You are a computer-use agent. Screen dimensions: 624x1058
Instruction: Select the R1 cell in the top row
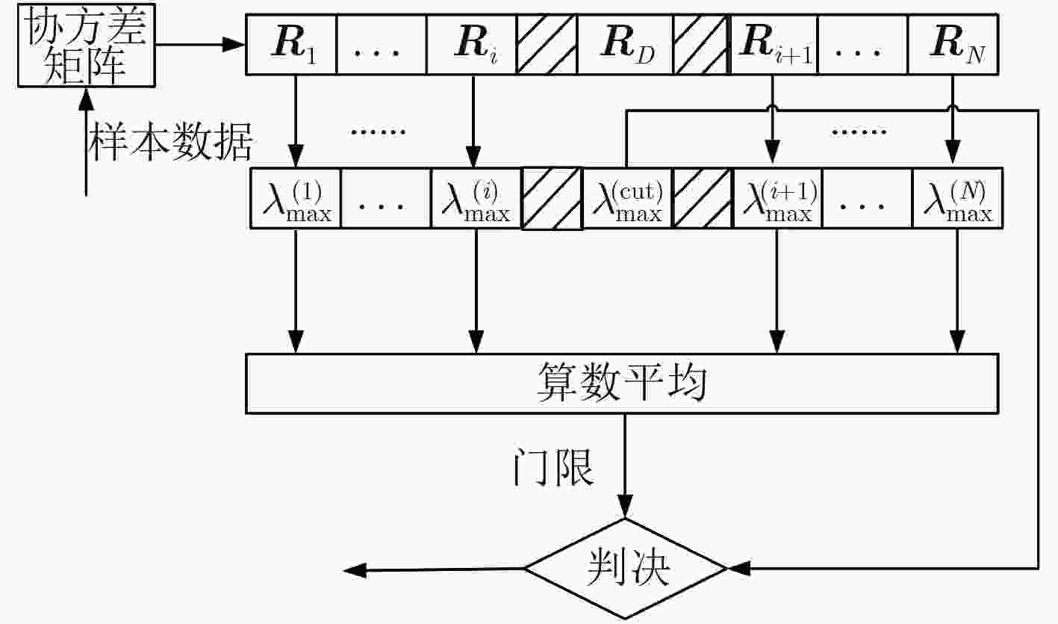coord(291,45)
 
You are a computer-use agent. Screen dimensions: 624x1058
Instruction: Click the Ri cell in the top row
coord(471,45)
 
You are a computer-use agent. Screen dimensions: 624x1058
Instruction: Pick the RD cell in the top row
coord(626,45)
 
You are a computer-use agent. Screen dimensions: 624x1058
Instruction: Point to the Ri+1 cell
coord(773,45)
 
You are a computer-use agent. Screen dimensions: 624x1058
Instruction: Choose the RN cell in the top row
coord(953,45)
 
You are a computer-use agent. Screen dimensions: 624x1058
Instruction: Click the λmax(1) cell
coord(296,198)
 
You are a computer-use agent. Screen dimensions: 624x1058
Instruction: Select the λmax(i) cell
coord(476,198)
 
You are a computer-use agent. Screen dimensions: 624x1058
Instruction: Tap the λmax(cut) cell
coord(627,198)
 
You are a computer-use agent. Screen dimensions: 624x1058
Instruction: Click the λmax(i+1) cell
coord(778,198)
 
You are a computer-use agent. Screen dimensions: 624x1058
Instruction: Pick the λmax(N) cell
coord(957,198)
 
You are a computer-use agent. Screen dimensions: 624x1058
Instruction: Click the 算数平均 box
coord(621,383)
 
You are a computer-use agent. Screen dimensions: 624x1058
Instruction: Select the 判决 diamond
coord(626,569)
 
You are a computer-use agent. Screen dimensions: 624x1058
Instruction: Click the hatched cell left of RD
coord(547,45)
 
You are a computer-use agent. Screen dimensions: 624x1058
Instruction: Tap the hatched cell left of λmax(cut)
coord(552,198)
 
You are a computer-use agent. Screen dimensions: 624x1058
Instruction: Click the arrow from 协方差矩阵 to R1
coord(200,46)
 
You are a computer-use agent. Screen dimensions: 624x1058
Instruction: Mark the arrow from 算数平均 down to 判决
coord(625,463)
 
